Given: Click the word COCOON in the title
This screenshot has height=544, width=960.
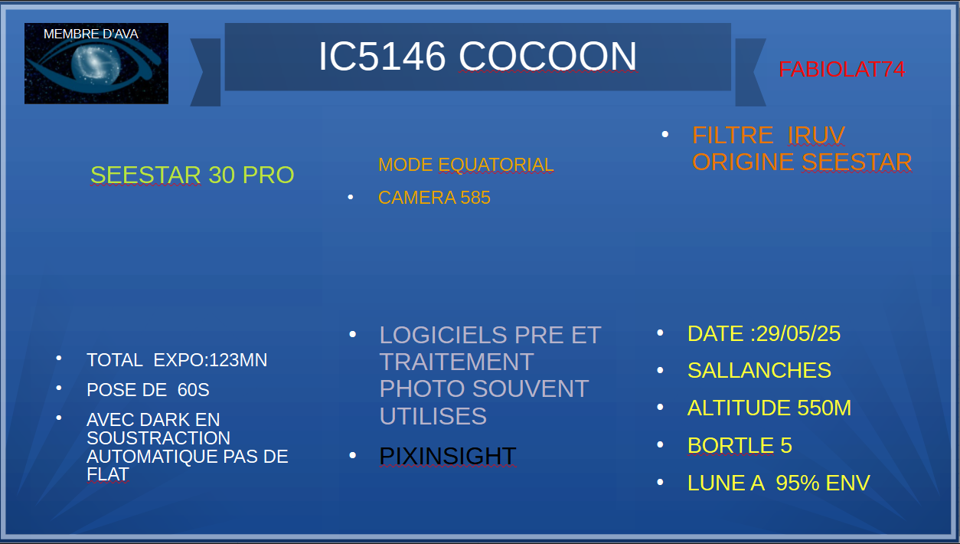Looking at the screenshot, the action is coord(547,56).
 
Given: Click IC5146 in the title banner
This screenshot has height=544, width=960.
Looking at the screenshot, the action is coord(382,56).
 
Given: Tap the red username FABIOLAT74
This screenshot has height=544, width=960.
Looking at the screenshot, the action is coord(841,70).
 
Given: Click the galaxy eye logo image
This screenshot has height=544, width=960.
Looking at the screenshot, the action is coord(96,64).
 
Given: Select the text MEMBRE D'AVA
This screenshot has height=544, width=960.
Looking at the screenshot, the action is coord(91,34).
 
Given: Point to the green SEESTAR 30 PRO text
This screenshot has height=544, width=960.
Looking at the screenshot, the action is coord(192,175).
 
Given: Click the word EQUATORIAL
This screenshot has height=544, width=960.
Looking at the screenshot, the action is coord(496,165).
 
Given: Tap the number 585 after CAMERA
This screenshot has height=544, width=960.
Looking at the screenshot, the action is coord(475,198).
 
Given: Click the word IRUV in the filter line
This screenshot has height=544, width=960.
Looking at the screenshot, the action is coord(816,135).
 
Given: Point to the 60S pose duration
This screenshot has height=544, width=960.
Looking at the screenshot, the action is coord(193,390).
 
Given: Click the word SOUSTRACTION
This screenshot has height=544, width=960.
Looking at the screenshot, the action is coord(158,438).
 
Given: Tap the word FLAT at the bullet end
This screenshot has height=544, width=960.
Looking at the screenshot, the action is coord(108,474).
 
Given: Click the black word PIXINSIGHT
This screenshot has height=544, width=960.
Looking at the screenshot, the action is coord(448,456).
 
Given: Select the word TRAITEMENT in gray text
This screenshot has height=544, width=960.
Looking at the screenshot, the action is coord(456,362).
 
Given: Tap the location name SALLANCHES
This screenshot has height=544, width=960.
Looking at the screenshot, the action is coord(759,370).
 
